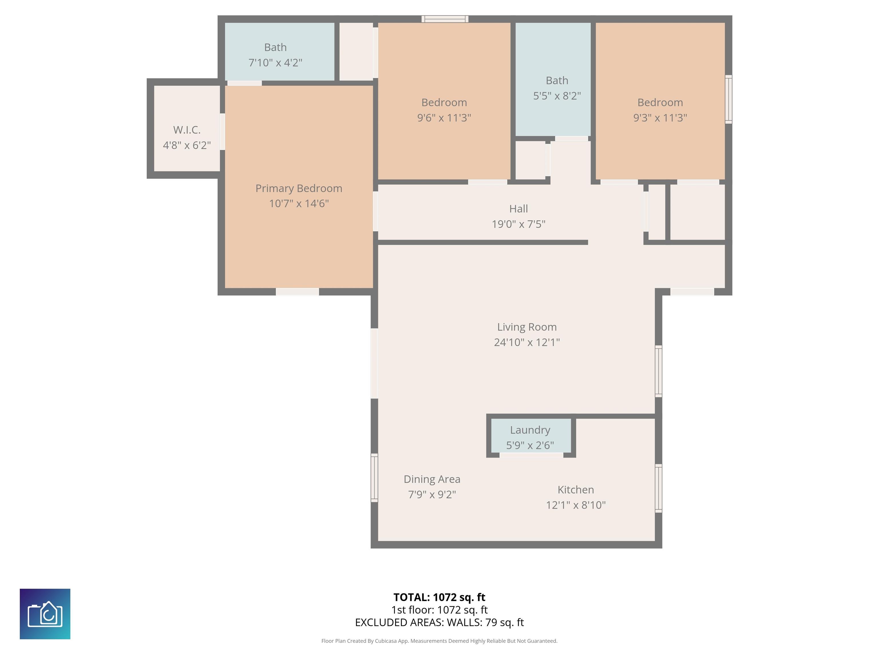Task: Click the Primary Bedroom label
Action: (298, 188)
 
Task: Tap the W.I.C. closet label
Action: (187, 130)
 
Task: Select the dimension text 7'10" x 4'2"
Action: (275, 63)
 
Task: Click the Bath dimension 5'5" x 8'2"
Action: (557, 96)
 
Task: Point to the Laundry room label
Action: (530, 430)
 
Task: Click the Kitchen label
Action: (575, 489)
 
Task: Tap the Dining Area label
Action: (432, 479)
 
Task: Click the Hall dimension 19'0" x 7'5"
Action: (518, 224)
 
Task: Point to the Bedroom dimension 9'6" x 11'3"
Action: (444, 118)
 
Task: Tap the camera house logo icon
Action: (45, 614)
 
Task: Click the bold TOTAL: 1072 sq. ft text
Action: (439, 597)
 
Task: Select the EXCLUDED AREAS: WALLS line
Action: (439, 622)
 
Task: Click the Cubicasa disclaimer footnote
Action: (439, 641)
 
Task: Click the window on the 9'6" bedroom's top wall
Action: (445, 19)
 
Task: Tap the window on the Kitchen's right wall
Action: (658, 488)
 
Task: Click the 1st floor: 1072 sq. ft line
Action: (439, 610)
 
